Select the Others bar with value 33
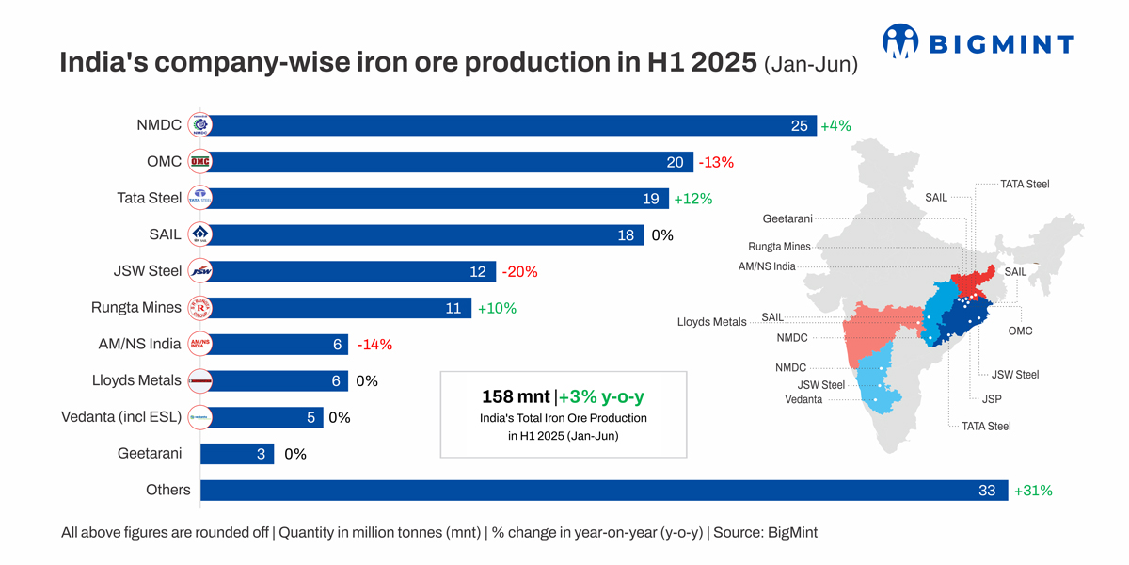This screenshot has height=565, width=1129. pos(602,491)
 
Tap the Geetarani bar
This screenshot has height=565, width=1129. pos(237,454)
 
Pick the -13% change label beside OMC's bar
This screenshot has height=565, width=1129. pos(716,162)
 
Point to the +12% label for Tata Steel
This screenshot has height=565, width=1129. pos(693,199)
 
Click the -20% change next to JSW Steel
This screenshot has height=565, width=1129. pos(519,271)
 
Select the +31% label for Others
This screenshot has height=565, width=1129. pos(1032,491)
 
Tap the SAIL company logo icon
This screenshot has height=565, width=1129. pos(199,234)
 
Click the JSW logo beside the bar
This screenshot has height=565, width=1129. pos(199,271)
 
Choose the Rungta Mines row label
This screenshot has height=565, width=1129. pos(136,308)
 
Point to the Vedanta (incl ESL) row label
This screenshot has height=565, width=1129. pos(121,417)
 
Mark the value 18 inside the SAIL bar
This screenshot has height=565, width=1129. pos(626,235)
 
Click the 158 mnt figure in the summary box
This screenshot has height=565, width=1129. pos(516,396)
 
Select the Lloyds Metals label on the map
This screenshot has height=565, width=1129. pos(711,322)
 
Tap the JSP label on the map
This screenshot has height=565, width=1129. pos(991,399)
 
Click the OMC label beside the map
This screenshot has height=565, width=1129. pos(1020,331)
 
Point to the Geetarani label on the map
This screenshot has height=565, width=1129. pos(787,219)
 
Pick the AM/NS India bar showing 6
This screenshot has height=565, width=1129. pos(274,345)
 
